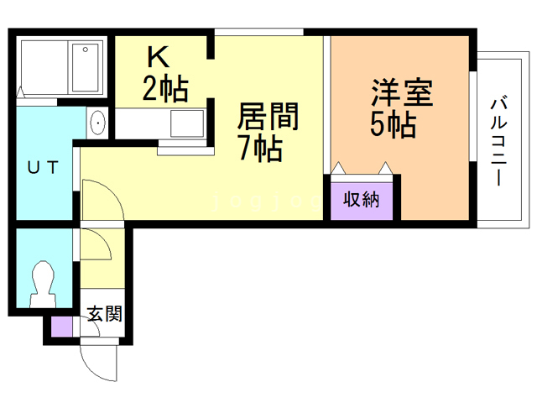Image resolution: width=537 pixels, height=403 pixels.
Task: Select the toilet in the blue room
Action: tap(40, 283)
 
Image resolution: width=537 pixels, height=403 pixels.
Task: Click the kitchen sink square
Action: tap(185, 125)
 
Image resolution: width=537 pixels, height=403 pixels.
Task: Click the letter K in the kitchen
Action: tap(159, 57)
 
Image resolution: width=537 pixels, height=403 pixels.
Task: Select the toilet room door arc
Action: tap(96, 244)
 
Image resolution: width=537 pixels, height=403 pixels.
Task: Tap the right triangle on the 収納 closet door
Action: tap(385, 167)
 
